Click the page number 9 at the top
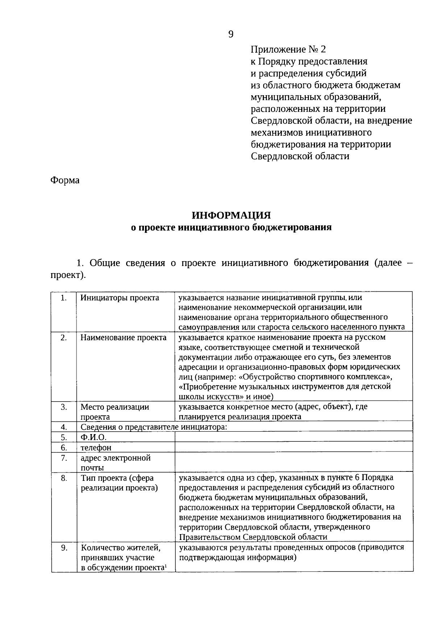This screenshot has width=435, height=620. [231, 34]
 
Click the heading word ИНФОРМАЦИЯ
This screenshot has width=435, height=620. [231, 216]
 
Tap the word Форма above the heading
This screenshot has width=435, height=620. [65, 180]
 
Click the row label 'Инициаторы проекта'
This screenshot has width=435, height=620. [120, 298]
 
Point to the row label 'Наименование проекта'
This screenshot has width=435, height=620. [123, 338]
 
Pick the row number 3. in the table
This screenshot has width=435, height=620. [64, 407]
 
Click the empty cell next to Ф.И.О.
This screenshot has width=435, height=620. [294, 437]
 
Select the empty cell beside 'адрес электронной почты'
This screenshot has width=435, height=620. [294, 462]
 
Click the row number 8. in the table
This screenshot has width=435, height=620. [64, 478]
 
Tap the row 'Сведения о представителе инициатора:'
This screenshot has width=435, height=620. [154, 427]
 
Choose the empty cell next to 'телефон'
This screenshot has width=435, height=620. [294, 447]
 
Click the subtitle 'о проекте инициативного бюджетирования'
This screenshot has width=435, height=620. [231, 228]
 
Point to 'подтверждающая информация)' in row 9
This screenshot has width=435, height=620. [238, 557]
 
